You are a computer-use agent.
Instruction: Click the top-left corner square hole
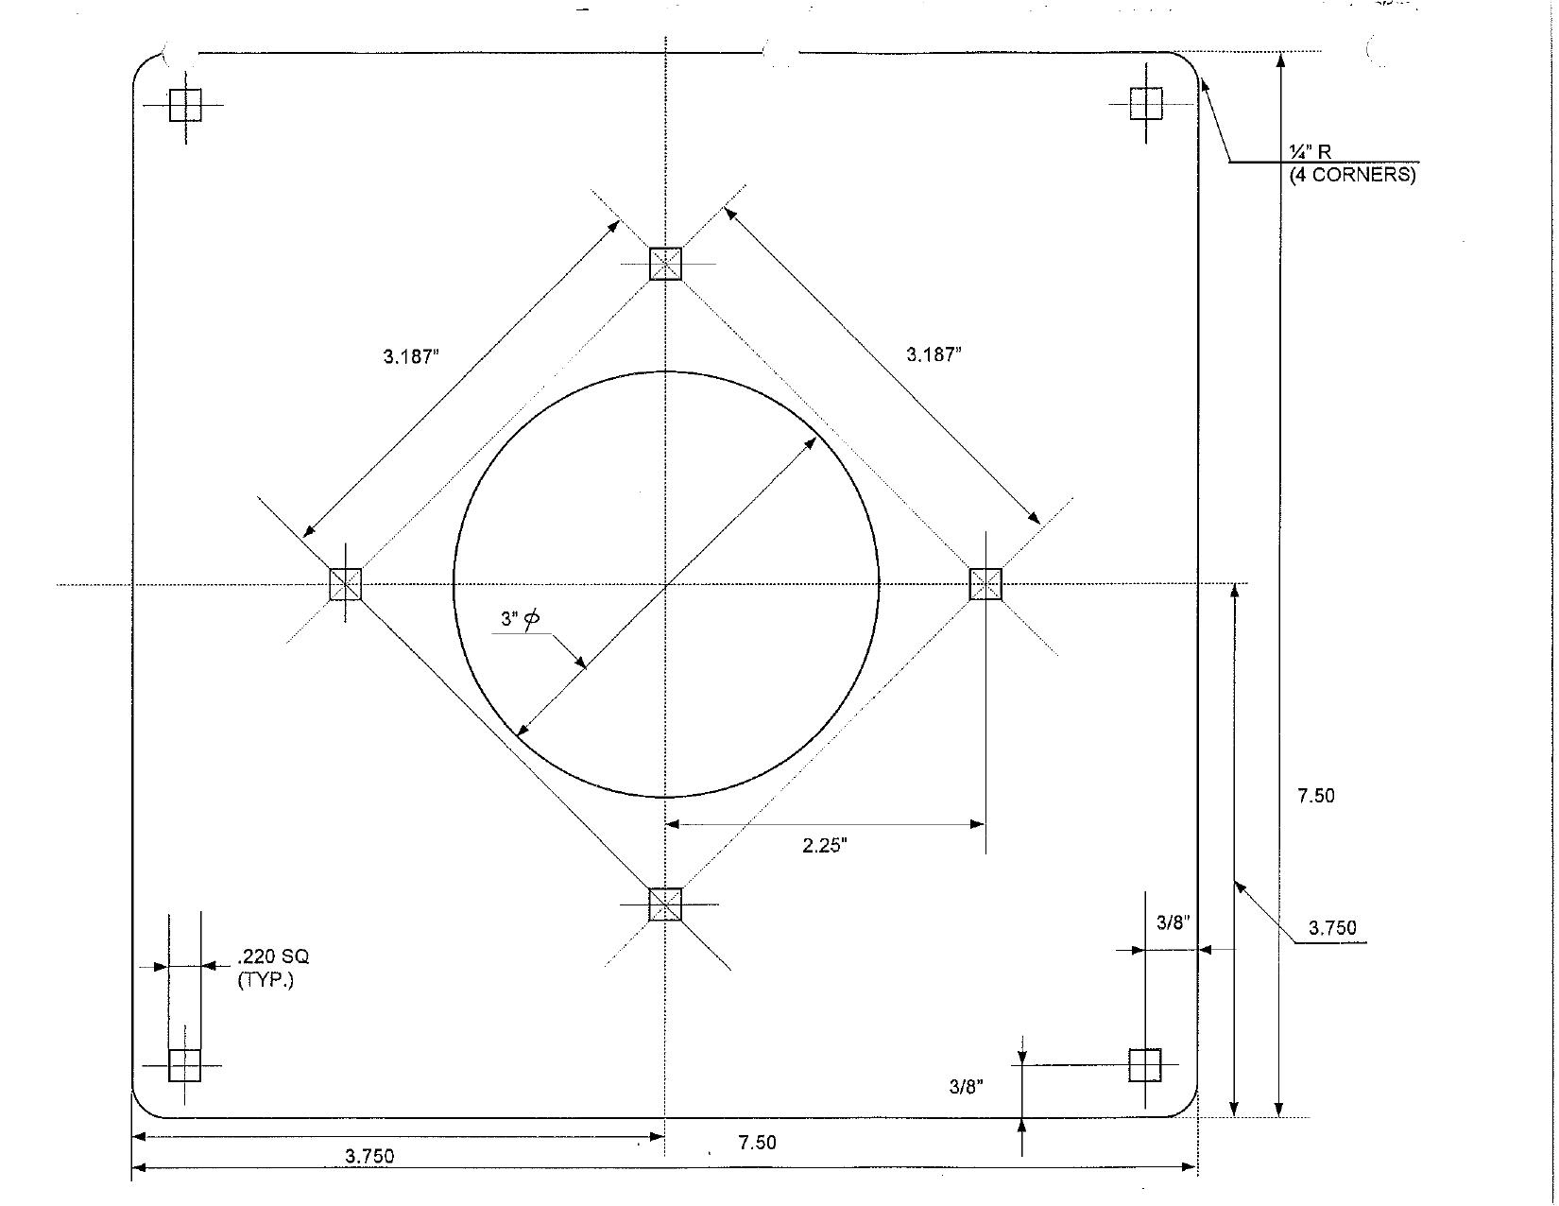point(185,105)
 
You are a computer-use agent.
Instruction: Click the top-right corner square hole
point(1146,104)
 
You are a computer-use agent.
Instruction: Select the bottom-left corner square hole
point(184,1064)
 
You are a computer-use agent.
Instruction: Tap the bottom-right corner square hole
point(1145,1065)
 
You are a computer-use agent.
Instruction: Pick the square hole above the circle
point(665,263)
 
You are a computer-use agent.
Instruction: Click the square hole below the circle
point(665,904)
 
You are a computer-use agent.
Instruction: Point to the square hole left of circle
point(345,583)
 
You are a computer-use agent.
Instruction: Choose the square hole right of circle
point(985,583)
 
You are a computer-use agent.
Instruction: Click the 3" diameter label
point(521,619)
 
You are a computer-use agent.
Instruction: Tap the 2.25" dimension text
point(824,846)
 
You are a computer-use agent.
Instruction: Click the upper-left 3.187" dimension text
point(412,356)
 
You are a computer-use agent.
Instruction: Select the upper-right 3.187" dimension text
point(934,354)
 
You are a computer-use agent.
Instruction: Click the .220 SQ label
point(273,956)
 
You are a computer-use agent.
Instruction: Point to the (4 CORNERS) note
point(1352,175)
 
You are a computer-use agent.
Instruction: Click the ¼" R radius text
point(1311,152)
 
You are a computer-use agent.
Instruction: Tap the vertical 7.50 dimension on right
point(1315,796)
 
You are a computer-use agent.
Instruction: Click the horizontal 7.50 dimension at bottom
point(757,1143)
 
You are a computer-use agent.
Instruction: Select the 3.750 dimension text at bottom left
point(369,1156)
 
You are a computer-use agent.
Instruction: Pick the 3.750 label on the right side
point(1331,928)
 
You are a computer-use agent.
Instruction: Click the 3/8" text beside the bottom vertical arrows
point(966,1087)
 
